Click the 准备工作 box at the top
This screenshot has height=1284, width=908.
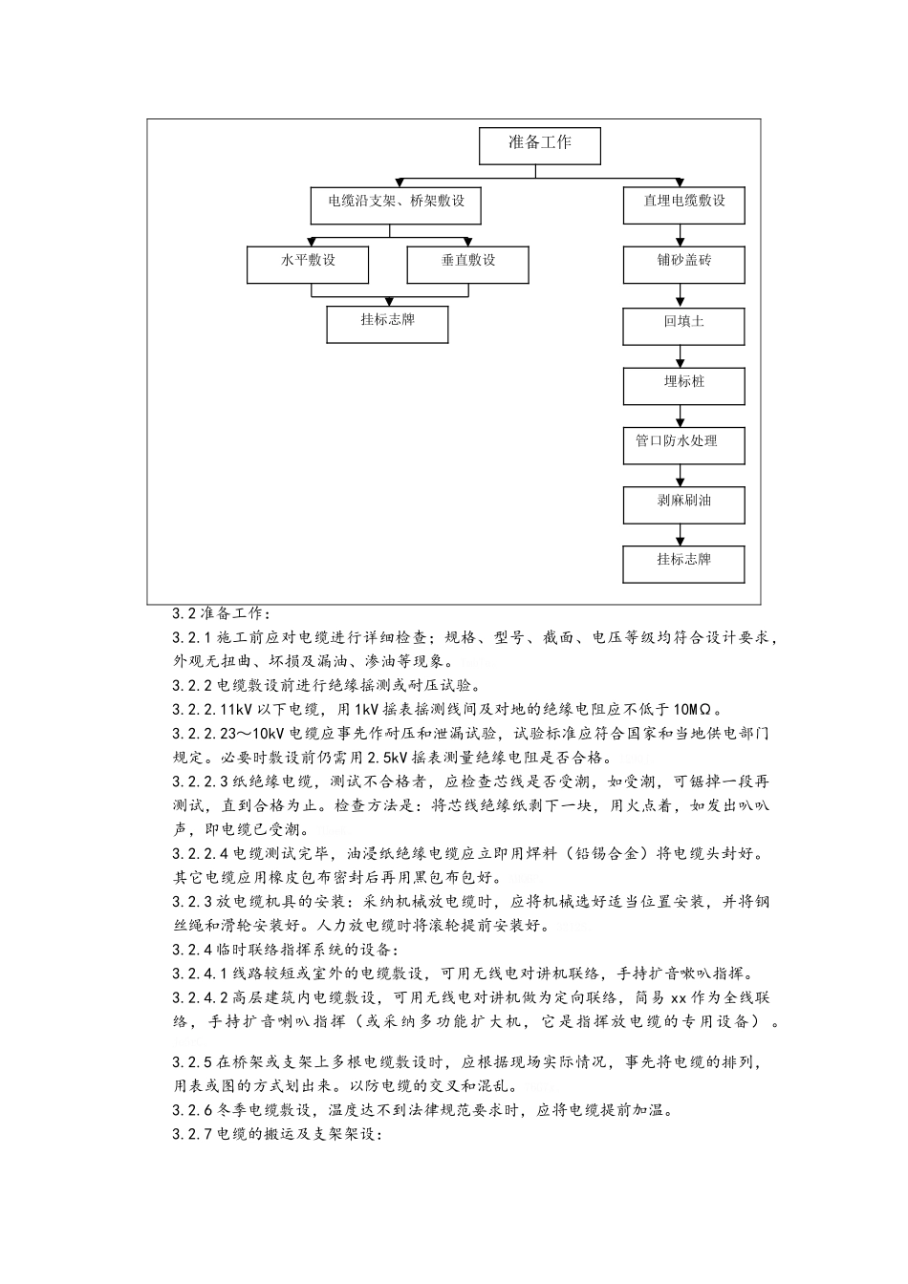[x=539, y=145]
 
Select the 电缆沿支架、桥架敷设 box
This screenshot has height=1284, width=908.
[x=396, y=203]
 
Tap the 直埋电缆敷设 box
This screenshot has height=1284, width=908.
[x=683, y=203]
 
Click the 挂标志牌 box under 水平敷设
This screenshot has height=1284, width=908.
[x=387, y=323]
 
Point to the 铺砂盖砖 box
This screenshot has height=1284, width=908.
[x=683, y=264]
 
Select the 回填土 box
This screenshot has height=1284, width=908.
[x=683, y=324]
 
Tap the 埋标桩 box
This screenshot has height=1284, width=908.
[x=683, y=384]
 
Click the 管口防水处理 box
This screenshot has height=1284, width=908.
[x=683, y=443]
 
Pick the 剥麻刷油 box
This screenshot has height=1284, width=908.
[x=683, y=503]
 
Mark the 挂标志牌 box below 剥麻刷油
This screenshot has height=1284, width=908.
[x=683, y=563]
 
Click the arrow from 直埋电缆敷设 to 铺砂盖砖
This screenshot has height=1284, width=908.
[x=681, y=236]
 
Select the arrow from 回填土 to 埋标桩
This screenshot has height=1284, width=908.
[x=681, y=356]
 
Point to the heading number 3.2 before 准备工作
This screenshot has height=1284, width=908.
[x=184, y=613]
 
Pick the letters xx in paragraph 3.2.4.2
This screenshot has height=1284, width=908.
[x=680, y=997]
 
